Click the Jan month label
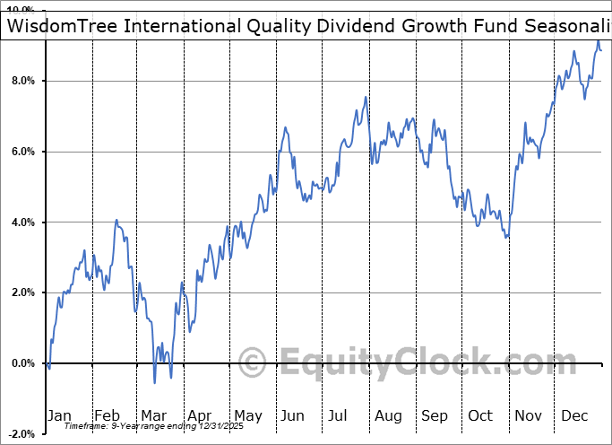(59, 415)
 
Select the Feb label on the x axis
(107, 415)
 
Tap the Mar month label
(152, 415)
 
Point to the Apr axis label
(199, 415)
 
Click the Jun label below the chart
(293, 415)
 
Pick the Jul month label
(339, 415)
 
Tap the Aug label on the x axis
(387, 415)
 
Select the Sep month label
(434, 415)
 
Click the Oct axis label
(480, 415)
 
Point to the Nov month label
(527, 415)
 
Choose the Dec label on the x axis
(573, 415)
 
